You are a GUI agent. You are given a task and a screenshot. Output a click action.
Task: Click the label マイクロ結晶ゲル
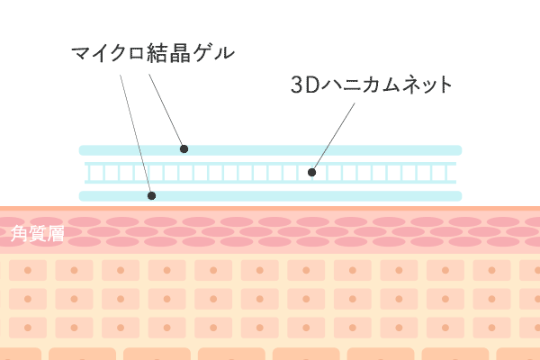[x=152, y=52]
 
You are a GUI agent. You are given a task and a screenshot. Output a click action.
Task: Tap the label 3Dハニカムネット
[x=371, y=86]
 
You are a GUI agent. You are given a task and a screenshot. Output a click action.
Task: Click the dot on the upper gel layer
[x=183, y=149]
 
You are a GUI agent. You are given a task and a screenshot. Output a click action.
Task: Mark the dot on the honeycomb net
[x=311, y=171]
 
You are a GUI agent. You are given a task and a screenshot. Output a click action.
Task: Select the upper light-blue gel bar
[x=270, y=149]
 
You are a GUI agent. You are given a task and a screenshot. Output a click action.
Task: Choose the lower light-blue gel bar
[x=270, y=195]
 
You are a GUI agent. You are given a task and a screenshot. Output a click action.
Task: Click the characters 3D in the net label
[x=301, y=86]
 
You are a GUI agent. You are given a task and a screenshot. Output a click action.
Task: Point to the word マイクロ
[x=106, y=52]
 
